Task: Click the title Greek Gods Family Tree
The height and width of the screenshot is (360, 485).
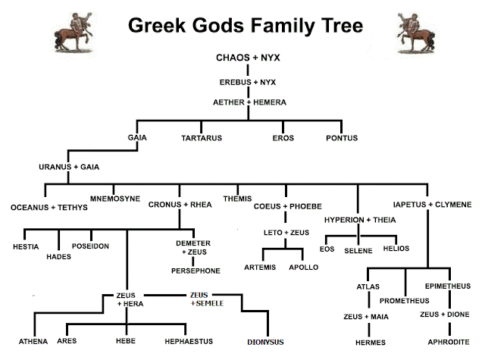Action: [245, 27]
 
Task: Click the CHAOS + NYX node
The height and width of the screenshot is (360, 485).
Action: [244, 58]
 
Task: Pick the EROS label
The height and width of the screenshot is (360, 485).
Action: [283, 138]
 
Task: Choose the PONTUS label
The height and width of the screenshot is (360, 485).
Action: [342, 138]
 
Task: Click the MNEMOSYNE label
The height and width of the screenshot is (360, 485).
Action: [115, 199]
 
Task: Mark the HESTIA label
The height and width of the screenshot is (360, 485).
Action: [28, 247]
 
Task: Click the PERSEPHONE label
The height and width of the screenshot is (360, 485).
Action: [196, 271]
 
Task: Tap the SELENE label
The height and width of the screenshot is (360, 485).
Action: [359, 249]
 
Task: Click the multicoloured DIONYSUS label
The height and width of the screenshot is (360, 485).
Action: [265, 342]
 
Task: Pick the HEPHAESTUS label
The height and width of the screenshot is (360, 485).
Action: [189, 341]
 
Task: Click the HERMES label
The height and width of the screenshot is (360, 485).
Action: [371, 342]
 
